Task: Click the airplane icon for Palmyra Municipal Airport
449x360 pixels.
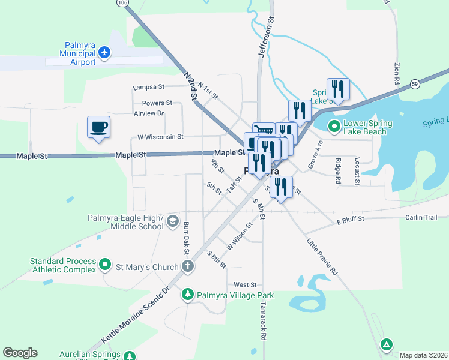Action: click(x=104, y=53)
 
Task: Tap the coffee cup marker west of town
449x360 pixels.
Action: click(x=99, y=127)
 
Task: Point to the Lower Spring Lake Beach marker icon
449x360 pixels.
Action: click(x=334, y=127)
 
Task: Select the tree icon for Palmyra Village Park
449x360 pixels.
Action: click(x=188, y=295)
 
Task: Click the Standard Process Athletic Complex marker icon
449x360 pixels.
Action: click(x=105, y=263)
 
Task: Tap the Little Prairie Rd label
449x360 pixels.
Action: click(x=322, y=257)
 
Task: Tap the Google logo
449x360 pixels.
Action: click(x=20, y=353)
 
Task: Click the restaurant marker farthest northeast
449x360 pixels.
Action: click(x=338, y=90)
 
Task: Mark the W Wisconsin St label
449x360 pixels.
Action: click(x=160, y=137)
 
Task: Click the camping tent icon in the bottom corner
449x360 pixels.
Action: click(x=387, y=344)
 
